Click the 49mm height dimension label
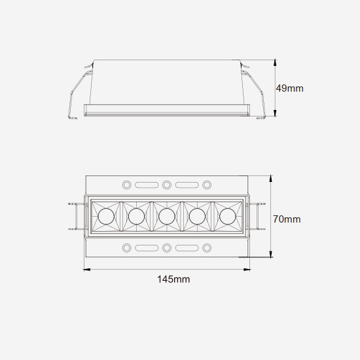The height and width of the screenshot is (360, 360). (x=289, y=88)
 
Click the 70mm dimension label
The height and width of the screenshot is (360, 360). (x=287, y=219)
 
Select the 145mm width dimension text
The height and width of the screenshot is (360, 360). (x=173, y=279)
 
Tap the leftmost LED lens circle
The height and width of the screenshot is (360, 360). (x=106, y=216)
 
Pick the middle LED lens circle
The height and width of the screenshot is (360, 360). (x=167, y=216)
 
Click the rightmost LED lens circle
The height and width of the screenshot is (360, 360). (x=228, y=216)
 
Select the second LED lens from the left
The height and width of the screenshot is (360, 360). (x=136, y=216)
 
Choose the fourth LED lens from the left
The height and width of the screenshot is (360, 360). (x=197, y=216)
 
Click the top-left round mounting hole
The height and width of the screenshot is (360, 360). (x=127, y=185)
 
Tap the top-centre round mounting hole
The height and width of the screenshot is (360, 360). (x=167, y=185)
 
